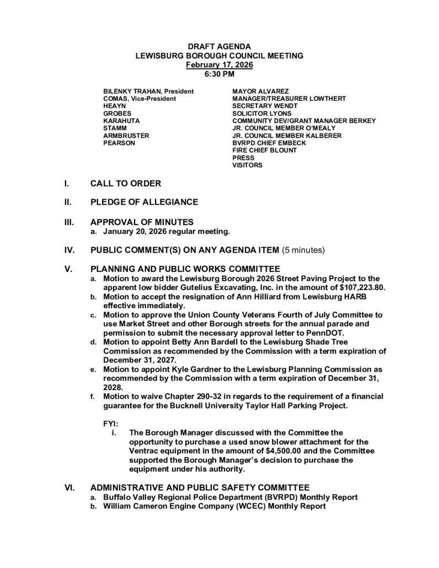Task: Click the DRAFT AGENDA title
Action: (x=219, y=47)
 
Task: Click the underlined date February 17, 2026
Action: (x=219, y=65)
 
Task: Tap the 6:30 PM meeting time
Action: (x=219, y=73)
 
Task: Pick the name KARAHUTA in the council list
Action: (x=121, y=120)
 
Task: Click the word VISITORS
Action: (x=247, y=165)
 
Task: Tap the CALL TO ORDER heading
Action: (x=126, y=184)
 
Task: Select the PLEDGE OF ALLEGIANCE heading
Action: (x=144, y=202)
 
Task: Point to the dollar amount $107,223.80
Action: (x=361, y=287)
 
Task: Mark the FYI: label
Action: (x=111, y=424)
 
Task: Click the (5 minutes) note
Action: (x=303, y=250)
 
